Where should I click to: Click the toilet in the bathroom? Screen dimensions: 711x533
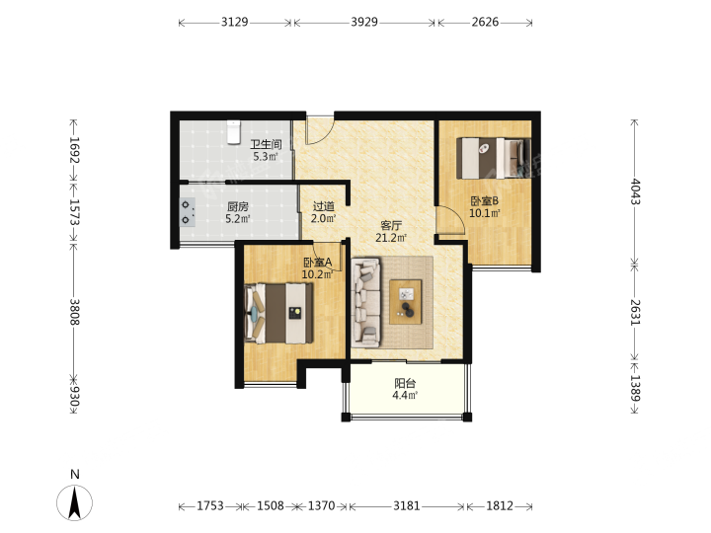233,132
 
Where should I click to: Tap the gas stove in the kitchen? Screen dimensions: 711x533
188,212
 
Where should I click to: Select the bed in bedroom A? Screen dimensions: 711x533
278,313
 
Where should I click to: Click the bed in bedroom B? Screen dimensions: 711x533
494,158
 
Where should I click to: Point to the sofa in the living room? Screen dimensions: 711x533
366,303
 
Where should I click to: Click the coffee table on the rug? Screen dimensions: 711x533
406,302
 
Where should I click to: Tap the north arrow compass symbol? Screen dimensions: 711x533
74,502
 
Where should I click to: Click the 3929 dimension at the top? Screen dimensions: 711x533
364,22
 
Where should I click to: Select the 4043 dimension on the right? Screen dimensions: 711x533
635,191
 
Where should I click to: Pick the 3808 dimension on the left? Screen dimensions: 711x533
75,312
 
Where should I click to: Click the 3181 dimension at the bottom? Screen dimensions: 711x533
406,505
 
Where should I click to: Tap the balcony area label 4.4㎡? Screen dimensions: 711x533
405,395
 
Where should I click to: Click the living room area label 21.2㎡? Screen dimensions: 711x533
391,238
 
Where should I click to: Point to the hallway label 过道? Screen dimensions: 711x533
324,206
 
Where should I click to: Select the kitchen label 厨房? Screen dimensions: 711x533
238,207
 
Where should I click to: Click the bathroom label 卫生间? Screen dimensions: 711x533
267,144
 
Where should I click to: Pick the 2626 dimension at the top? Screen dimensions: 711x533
485,22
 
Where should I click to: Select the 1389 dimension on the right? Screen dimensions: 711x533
635,388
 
